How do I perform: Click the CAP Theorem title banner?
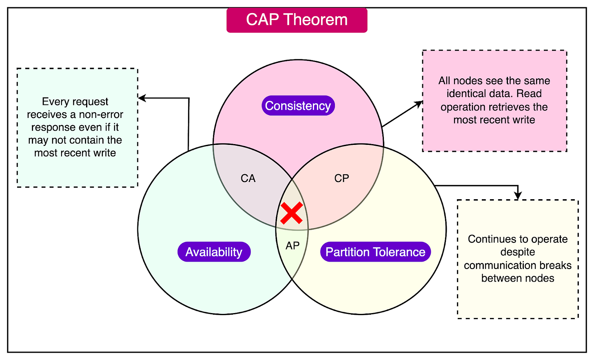[x=297, y=20]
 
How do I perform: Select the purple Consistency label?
[x=298, y=106]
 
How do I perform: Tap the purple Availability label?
[x=214, y=252]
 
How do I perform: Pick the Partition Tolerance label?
[x=375, y=252]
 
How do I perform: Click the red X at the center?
[x=292, y=213]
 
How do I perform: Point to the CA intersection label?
[x=248, y=178]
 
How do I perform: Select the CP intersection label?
[x=341, y=178]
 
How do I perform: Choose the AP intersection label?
[x=293, y=246]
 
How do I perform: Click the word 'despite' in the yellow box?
[x=517, y=252]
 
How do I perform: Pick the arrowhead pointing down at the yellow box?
[x=518, y=196]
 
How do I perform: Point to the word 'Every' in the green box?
[x=53, y=101]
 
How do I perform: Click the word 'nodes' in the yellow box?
[x=539, y=278]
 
